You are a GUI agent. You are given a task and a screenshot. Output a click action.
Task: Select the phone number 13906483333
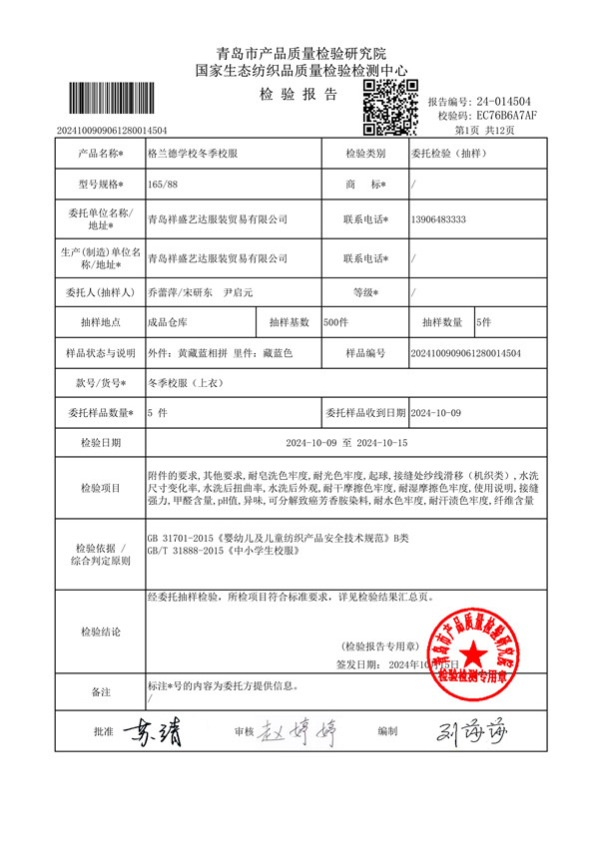(439, 218)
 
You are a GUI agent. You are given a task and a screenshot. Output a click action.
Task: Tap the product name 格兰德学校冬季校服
(193, 155)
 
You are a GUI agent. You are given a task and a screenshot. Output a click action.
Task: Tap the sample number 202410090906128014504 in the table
(466, 353)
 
